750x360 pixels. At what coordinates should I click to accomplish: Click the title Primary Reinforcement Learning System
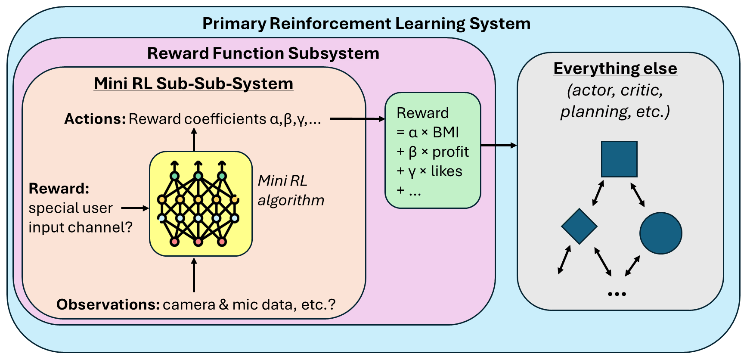coord(366,23)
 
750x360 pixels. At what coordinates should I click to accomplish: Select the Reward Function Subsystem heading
coord(263,53)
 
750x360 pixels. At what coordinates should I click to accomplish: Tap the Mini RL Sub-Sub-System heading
coord(193,83)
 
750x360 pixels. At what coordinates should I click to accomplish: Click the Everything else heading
coord(615,68)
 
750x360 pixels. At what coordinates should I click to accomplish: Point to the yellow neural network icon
coord(201,204)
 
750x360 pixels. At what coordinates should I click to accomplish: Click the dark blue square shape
coord(619,159)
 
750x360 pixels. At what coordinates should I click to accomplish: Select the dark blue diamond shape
coord(579,227)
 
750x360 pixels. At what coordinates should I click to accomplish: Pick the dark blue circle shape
coord(661,233)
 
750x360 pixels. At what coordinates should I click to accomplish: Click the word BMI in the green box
coord(446,132)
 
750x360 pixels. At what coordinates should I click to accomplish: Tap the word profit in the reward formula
coord(450,152)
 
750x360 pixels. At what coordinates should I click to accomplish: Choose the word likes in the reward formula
coord(446,171)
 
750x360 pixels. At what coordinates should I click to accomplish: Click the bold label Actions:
coord(95,119)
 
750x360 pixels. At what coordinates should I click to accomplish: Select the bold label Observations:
coord(108,304)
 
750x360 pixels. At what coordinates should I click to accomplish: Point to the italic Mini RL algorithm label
coord(291,190)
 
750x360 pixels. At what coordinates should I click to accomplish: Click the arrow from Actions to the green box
coord(357,119)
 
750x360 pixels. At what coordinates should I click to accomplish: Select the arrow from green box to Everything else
coord(499,146)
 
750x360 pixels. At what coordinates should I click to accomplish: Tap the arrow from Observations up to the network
coord(194,275)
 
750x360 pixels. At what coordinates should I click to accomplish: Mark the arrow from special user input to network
coord(135,208)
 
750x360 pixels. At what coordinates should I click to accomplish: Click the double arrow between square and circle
coord(637,195)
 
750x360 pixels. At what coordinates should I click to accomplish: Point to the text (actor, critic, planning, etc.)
coord(615,101)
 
